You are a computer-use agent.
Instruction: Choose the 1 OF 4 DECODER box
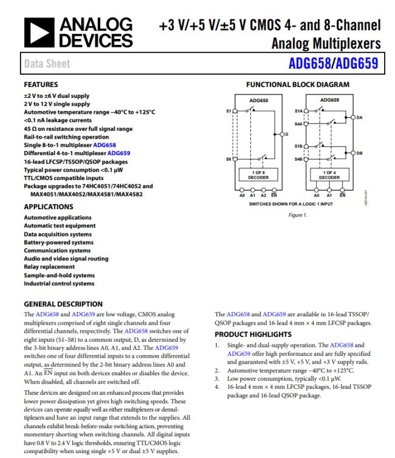[329, 176]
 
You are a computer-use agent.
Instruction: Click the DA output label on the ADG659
[360, 118]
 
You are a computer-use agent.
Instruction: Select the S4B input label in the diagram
[298, 159]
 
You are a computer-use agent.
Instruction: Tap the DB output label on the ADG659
[360, 153]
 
